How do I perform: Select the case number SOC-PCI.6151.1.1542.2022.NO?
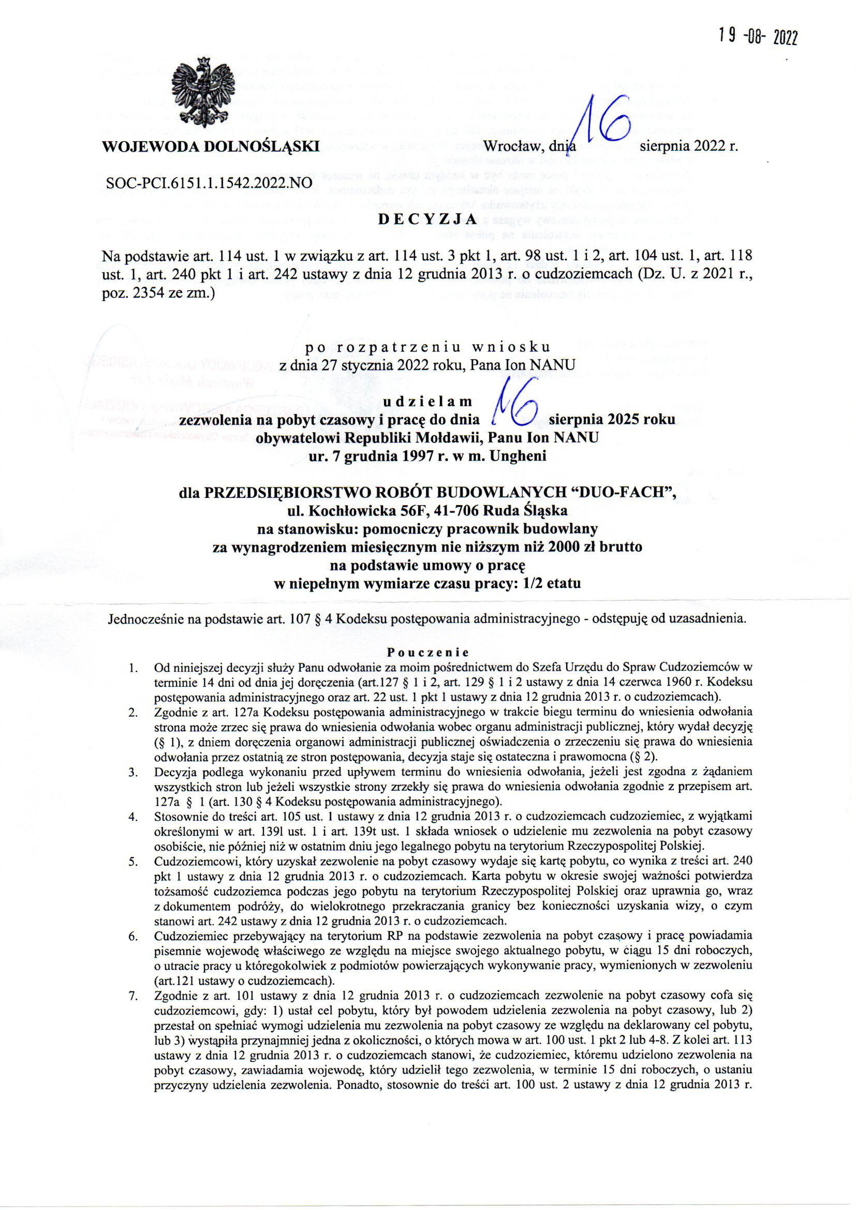click(209, 183)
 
